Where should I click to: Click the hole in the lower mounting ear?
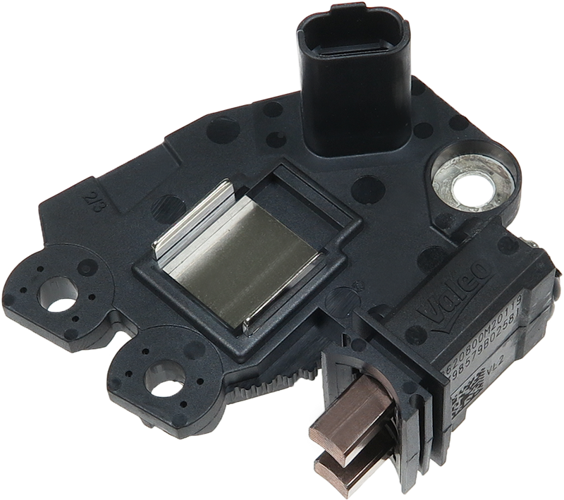(164, 377)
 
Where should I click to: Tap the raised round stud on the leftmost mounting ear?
(88, 267)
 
